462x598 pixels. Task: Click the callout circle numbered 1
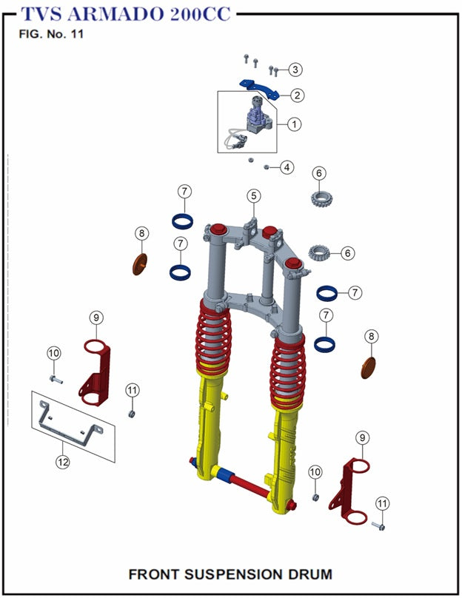[294, 124]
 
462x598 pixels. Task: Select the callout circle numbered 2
[296, 95]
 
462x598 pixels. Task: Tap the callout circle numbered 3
[295, 70]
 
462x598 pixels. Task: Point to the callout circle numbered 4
[287, 167]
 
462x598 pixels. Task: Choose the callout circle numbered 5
[254, 195]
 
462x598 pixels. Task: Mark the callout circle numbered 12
[63, 463]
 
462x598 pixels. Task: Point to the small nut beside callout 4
[267, 167]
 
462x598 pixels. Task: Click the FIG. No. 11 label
[51, 36]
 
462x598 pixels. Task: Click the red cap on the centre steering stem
[269, 232]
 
